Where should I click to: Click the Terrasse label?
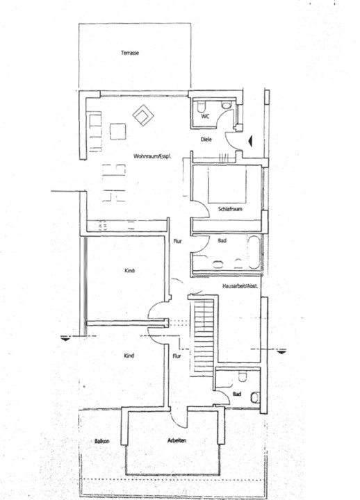[130, 53]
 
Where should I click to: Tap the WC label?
[205, 117]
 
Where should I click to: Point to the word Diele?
[206, 140]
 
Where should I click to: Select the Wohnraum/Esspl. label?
[153, 156]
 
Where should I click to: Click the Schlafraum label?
[230, 209]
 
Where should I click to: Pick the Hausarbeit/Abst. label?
[240, 286]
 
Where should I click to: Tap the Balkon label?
[101, 442]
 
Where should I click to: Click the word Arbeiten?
[177, 441]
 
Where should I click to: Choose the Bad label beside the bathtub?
[222, 240]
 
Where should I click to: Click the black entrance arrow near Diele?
[250, 140]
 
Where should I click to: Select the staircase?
[204, 336]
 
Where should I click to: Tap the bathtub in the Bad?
[254, 252]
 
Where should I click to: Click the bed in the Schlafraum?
[227, 184]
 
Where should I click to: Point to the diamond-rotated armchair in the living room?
[143, 115]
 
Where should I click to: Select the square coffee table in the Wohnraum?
[117, 131]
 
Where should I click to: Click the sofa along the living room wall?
[95, 131]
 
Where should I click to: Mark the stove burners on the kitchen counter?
[103, 226]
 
